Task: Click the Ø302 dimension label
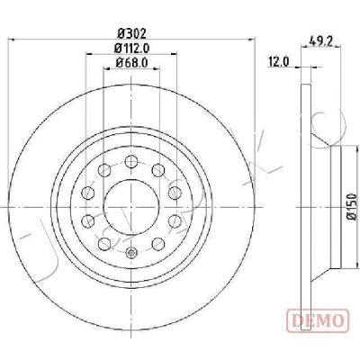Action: pyautogui.click(x=131, y=33)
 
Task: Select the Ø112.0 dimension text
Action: pyautogui.click(x=132, y=48)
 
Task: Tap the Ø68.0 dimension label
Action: pyautogui.click(x=131, y=63)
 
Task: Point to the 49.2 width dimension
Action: pyautogui.click(x=321, y=40)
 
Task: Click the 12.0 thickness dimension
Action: pyautogui.click(x=279, y=62)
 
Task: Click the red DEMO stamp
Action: pyautogui.click(x=318, y=320)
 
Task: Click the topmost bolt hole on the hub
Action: pyautogui.click(x=131, y=162)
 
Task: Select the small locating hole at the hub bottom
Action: pyautogui.click(x=131, y=253)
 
